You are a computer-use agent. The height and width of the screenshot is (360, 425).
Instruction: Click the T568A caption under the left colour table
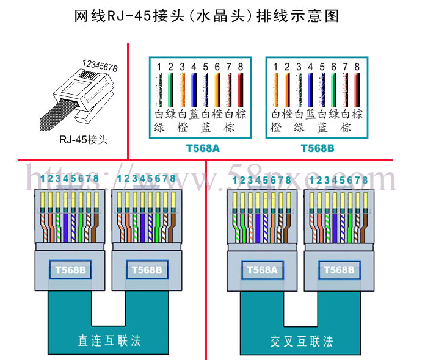click(x=203, y=148)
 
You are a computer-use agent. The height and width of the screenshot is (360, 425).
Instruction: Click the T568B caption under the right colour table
click(x=318, y=148)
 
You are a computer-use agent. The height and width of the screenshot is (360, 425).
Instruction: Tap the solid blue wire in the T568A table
click(x=194, y=90)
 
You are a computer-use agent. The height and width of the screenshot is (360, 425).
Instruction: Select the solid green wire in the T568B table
click(x=333, y=90)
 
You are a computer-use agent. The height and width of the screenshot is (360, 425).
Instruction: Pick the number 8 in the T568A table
click(x=241, y=67)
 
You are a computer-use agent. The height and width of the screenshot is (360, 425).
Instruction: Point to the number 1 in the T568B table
click(x=275, y=67)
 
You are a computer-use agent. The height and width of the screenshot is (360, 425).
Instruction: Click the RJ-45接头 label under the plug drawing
click(x=84, y=140)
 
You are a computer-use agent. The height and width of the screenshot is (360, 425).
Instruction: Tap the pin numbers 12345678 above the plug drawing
click(x=100, y=66)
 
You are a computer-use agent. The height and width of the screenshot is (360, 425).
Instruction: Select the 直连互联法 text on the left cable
click(x=109, y=340)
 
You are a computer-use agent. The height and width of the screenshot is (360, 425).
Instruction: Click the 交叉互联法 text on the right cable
click(x=302, y=341)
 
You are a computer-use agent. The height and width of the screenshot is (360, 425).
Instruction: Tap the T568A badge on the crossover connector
click(x=262, y=270)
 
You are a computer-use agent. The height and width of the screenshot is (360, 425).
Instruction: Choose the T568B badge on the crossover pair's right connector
click(x=339, y=270)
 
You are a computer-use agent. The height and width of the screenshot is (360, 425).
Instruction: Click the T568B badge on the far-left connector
click(x=70, y=270)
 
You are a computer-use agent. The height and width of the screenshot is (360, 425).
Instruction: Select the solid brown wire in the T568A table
click(x=241, y=90)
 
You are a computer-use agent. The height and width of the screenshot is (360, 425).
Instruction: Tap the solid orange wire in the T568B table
click(x=287, y=90)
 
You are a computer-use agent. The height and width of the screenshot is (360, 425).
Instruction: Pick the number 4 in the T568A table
click(x=194, y=67)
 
